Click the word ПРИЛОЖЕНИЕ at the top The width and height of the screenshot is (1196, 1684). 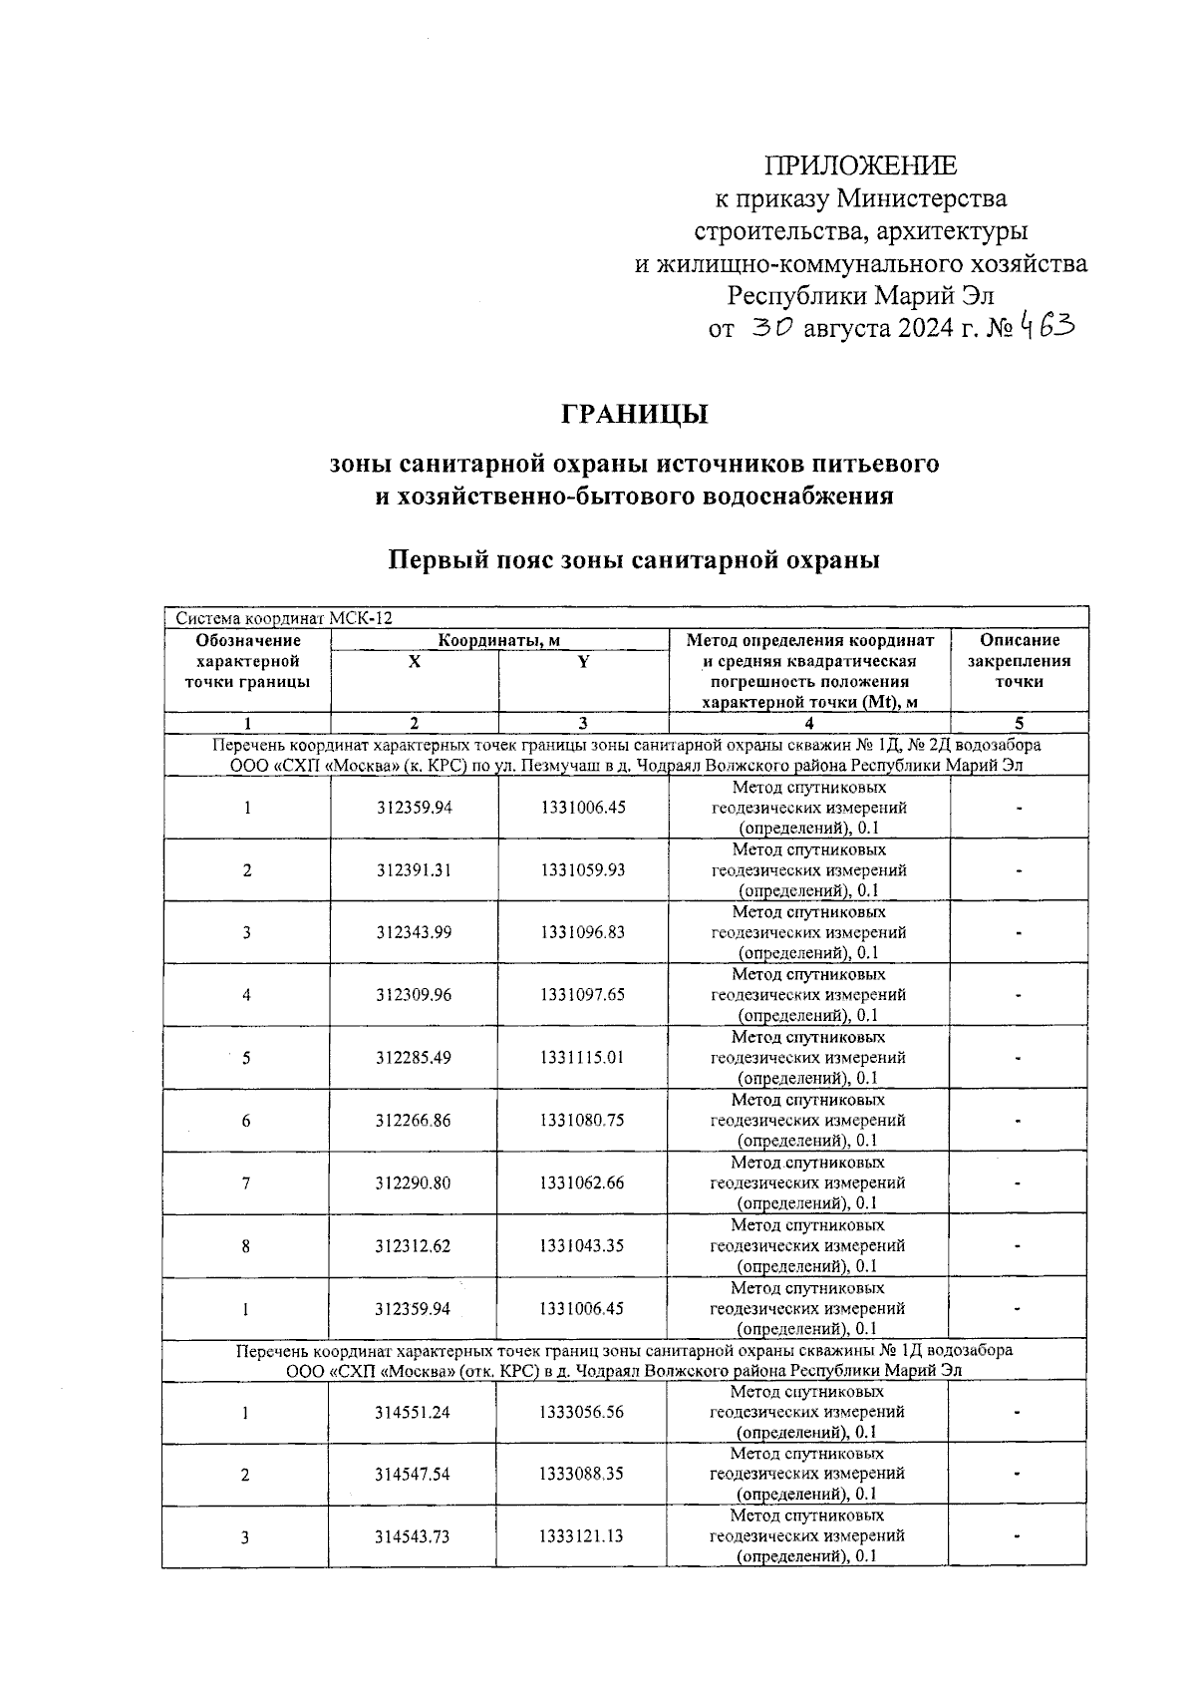[860, 166]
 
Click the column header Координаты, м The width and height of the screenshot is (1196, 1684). [499, 640]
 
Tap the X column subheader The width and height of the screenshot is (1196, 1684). [414, 661]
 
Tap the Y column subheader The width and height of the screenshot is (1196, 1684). [583, 661]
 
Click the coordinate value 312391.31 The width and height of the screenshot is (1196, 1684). [414, 869]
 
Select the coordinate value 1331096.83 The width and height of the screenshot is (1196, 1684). [583, 932]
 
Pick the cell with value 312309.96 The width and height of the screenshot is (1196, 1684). [414, 994]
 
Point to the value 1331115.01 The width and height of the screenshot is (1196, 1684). [583, 1057]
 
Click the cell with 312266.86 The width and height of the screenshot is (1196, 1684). [414, 1120]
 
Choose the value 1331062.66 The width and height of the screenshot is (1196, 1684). [583, 1182]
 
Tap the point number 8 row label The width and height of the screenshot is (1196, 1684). [246, 1245]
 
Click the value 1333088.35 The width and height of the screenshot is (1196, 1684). [582, 1474]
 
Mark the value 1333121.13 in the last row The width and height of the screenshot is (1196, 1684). [582, 1536]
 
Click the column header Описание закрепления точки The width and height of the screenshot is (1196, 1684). [1019, 661]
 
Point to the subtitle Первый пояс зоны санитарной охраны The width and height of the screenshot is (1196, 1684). [634, 560]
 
